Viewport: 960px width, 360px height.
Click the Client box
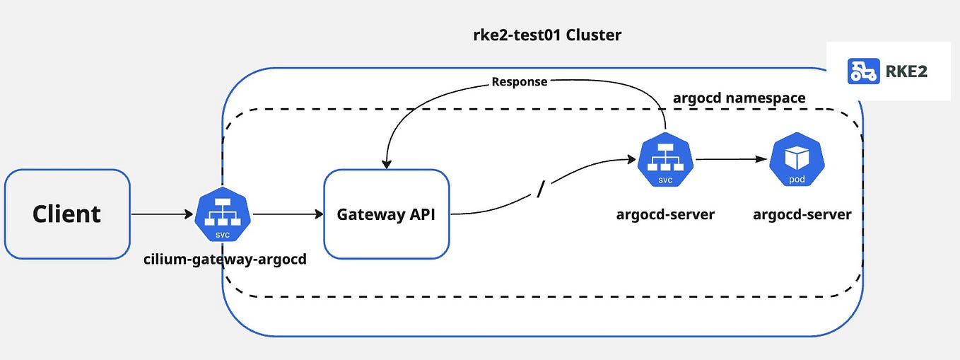67,214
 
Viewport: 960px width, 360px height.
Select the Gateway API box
387,214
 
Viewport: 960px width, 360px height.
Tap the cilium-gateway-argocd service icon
222,214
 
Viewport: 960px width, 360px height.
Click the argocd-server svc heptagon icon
665,161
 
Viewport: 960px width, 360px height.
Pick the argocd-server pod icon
797,159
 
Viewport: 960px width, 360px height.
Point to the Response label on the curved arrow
520,82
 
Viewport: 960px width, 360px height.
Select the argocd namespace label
739,98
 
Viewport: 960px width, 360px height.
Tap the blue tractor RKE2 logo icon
863,71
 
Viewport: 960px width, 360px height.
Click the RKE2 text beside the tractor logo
908,71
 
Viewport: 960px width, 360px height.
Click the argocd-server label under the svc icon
665,214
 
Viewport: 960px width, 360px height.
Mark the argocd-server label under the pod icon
802,214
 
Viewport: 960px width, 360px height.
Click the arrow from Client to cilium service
163,214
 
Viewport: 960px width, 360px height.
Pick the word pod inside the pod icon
797,180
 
